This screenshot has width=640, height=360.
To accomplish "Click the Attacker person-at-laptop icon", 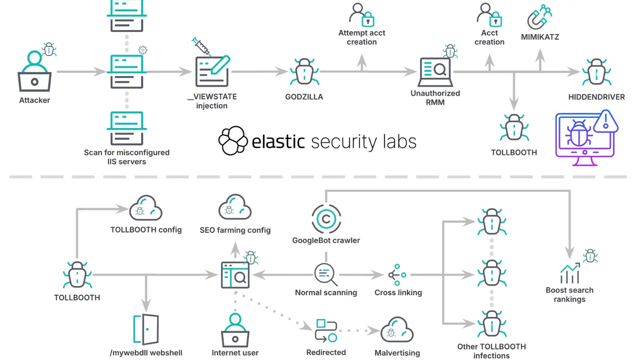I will point(34,72).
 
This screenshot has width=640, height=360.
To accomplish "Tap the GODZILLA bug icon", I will point(304,72).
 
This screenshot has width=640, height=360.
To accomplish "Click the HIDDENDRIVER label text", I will point(596,97).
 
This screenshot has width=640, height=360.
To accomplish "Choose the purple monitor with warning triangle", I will point(586,138).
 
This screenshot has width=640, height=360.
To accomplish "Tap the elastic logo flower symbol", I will point(233,141).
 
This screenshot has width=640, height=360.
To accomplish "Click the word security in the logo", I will point(344,142).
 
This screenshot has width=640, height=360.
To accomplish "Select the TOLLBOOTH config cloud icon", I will point(146,208).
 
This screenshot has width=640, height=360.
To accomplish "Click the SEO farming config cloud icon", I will point(235,208).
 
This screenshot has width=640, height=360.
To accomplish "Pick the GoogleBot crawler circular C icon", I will point(326,219).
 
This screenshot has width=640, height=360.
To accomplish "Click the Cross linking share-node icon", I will point(397,275).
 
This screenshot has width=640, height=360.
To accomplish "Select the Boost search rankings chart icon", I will point(570,273).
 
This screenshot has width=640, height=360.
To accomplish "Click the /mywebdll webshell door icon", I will point(146,330).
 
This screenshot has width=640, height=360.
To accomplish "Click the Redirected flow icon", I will point(326,330).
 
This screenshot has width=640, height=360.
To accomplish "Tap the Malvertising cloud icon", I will point(397,330).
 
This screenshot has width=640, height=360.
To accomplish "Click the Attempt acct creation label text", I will point(362,37).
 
